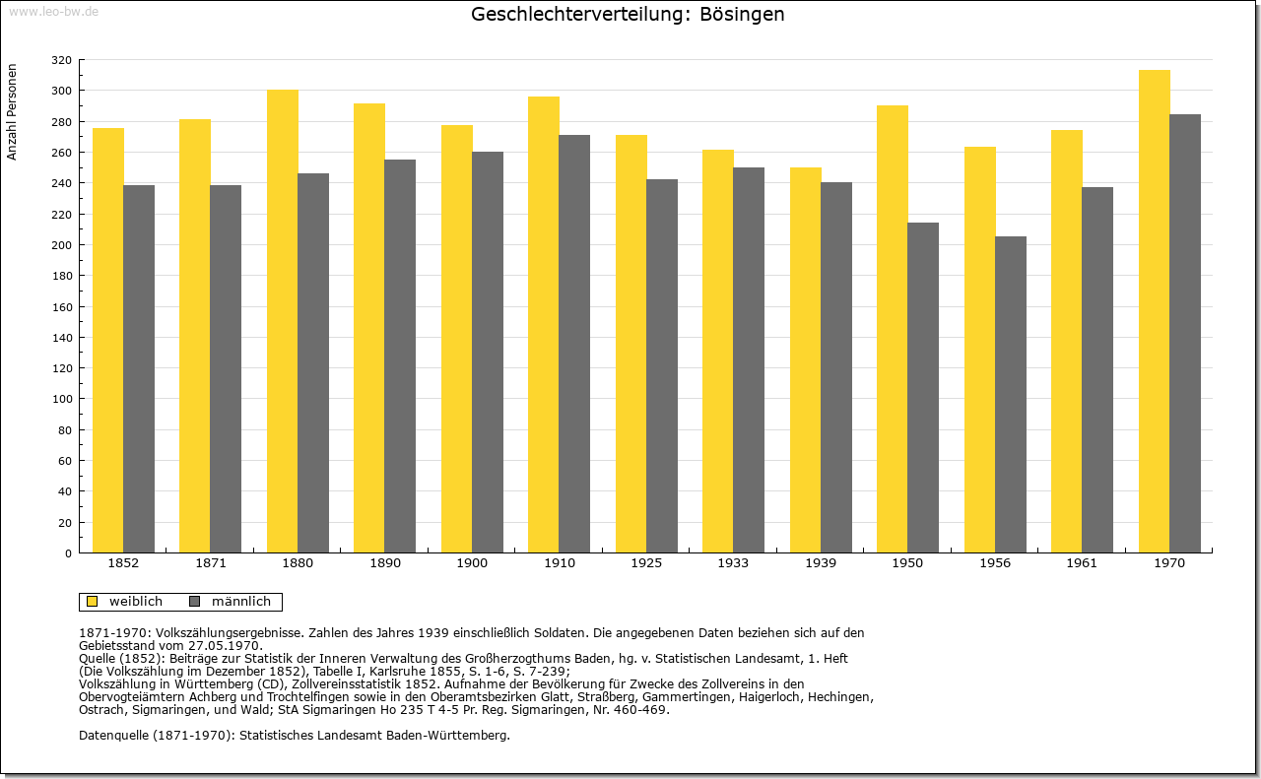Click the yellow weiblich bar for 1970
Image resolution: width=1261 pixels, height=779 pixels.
1154,311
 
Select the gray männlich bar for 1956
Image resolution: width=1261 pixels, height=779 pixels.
1011,395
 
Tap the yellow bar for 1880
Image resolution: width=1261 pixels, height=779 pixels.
283,321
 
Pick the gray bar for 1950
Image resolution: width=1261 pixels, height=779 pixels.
923,388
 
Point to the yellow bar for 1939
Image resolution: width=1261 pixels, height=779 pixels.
806,360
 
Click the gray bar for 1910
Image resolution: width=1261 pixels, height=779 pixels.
574,344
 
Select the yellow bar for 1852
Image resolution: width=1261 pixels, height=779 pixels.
108,341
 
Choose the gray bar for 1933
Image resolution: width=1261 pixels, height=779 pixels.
749,360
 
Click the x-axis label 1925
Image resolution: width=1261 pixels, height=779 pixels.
646,563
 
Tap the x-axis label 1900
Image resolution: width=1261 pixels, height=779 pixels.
472,563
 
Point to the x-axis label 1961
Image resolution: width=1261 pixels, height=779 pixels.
1082,563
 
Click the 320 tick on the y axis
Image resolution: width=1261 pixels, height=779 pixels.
61,60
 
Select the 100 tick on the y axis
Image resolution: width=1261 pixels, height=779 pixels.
61,399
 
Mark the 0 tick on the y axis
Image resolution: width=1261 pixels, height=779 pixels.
68,553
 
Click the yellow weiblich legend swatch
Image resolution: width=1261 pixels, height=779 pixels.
93,602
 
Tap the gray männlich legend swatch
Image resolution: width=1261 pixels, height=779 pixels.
195,602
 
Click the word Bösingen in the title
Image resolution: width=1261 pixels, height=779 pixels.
742,15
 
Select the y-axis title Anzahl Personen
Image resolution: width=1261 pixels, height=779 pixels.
12,112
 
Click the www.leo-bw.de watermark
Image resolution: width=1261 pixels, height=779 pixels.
53,11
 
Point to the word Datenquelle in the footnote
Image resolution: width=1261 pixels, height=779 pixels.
113,736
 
